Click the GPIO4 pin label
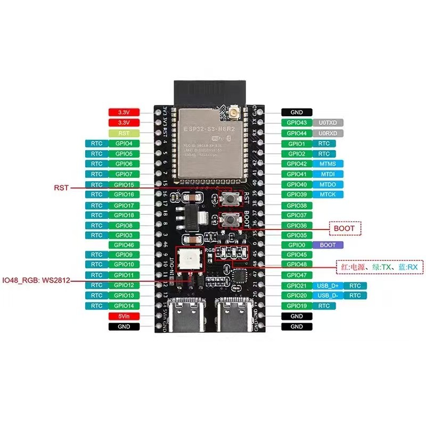124,143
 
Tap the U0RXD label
328,133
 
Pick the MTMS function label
328,163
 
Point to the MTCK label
328,194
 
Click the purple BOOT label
328,245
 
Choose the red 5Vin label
124,316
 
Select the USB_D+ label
328,285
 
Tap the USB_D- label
328,296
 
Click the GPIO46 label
124,245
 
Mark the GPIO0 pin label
297,245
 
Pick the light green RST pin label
124,133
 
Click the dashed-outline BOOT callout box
345,228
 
